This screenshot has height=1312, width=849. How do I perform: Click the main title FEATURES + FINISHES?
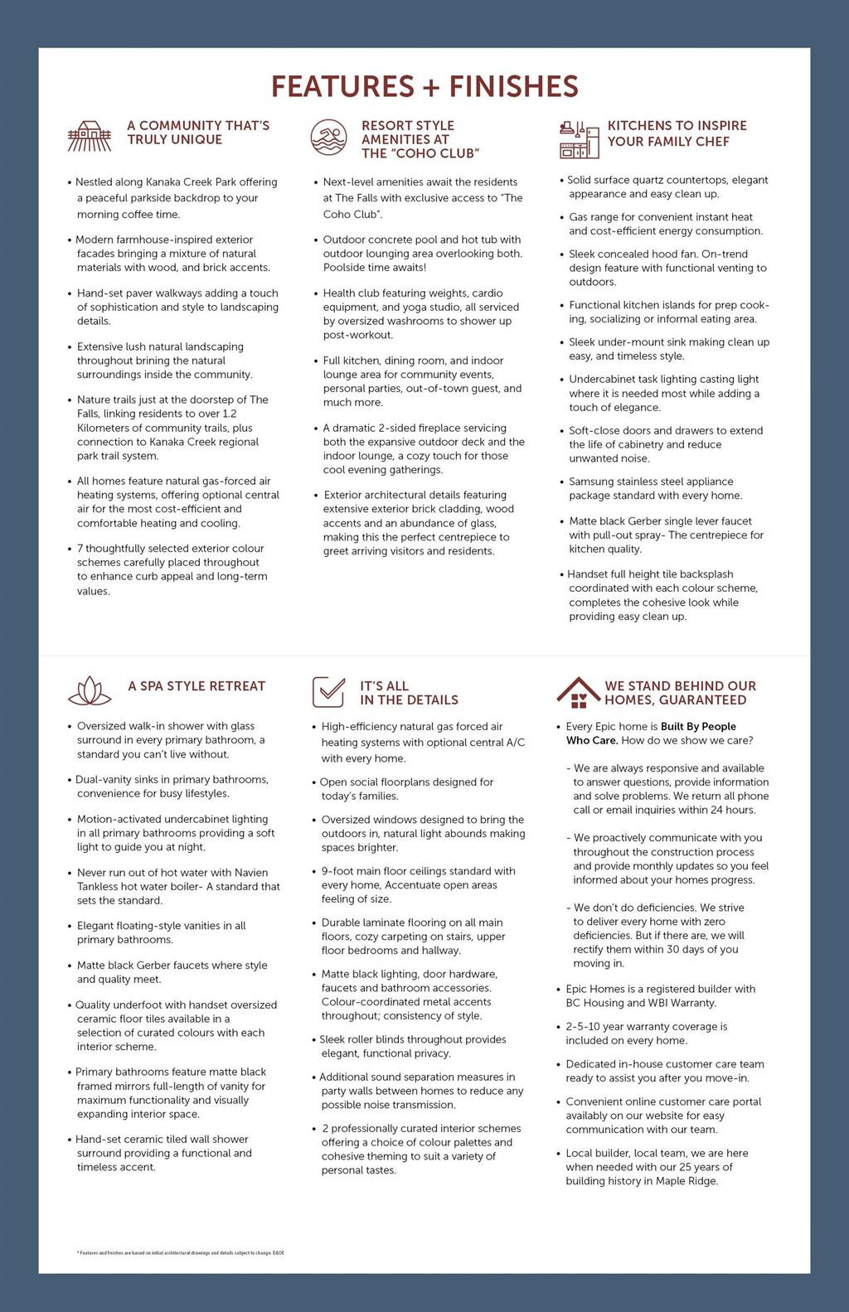(424, 87)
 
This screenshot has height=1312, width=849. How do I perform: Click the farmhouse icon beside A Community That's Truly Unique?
(89, 136)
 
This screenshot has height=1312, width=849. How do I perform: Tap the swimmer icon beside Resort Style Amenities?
(328, 138)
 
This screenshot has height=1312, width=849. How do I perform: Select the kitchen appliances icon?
(579, 139)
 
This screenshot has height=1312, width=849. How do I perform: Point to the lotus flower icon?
(90, 690)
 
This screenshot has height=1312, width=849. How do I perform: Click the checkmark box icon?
(328, 691)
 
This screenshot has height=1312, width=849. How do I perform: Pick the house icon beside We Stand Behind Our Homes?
(578, 692)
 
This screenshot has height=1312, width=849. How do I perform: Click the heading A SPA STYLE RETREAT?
(196, 686)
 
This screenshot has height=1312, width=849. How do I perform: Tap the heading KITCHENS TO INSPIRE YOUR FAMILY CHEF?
(677, 133)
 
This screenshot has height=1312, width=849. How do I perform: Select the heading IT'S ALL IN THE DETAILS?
(409, 693)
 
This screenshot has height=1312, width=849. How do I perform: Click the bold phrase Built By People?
(698, 726)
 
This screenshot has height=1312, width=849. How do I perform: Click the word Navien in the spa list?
(251, 873)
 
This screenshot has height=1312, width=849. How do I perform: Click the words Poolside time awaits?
(375, 268)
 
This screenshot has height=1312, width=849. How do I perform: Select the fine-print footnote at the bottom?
(180, 1253)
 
